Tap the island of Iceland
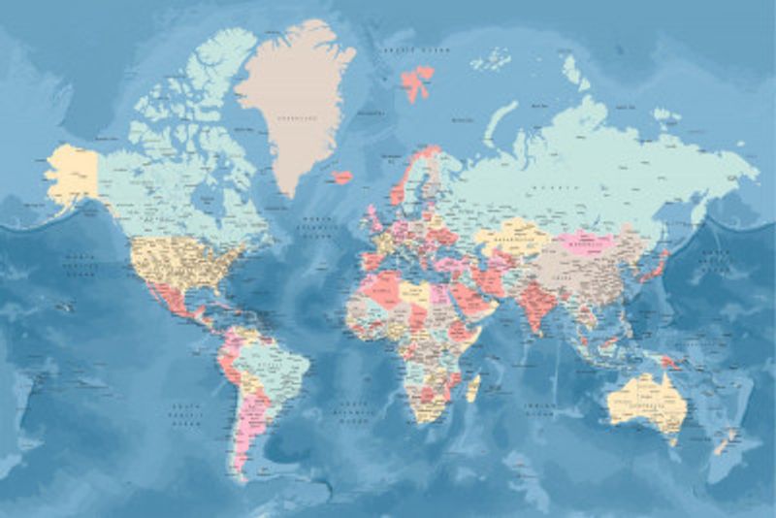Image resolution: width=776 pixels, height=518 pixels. [341, 178]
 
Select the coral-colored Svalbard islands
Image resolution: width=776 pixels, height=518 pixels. [417, 81]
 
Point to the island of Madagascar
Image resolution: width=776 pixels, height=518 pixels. [473, 387]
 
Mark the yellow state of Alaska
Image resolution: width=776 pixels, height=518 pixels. [73, 175]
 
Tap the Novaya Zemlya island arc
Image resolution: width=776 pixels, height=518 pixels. [501, 122]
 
